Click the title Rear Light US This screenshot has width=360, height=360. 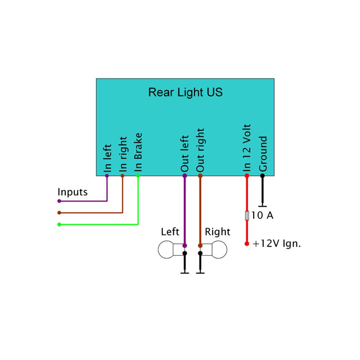pyautogui.click(x=185, y=92)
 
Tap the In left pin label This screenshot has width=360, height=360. pyautogui.click(x=108, y=158)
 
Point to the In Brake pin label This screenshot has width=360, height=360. pyautogui.click(x=138, y=152)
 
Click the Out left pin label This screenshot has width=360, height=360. pyautogui.click(x=185, y=153)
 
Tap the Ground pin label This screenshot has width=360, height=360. pyautogui.click(x=263, y=153)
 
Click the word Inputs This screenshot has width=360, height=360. pyautogui.click(x=73, y=192)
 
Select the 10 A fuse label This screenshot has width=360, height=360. pyautogui.click(x=263, y=215)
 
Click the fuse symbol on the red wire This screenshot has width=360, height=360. pyautogui.click(x=247, y=215)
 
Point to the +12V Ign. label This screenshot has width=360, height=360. pyautogui.click(x=276, y=243)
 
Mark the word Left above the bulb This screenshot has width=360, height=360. pyautogui.click(x=170, y=232)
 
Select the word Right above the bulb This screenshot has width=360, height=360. pyautogui.click(x=217, y=232)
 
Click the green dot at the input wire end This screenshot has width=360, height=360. pyautogui.click(x=59, y=224)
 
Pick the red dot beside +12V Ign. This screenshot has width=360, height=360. pyautogui.click(x=247, y=243)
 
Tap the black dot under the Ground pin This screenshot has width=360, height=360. pyautogui.click(x=263, y=176)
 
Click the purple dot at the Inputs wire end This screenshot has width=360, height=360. pyautogui.click(x=59, y=201)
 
